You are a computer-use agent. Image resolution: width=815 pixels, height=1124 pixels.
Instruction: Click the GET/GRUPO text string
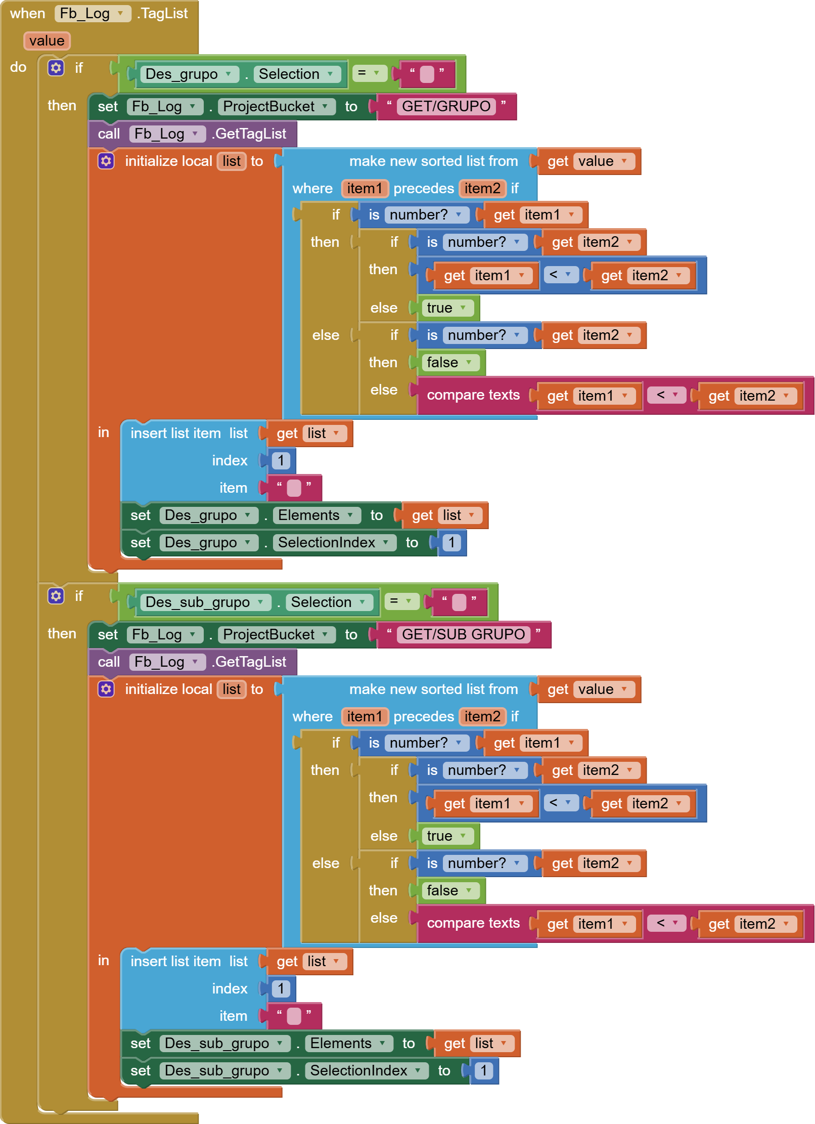point(446,106)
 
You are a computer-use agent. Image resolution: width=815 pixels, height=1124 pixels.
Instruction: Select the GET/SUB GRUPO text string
point(463,634)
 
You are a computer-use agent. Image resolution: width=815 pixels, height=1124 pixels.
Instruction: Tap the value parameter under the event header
point(47,41)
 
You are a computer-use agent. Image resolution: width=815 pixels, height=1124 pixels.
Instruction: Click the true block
point(445,308)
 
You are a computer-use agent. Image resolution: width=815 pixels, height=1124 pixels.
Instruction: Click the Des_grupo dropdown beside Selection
point(188,74)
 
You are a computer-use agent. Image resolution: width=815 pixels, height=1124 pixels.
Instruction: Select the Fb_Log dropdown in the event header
point(91,14)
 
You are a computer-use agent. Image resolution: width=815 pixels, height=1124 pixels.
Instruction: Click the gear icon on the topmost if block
point(56,68)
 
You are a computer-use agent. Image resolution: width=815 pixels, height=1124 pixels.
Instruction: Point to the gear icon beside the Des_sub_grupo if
point(56,596)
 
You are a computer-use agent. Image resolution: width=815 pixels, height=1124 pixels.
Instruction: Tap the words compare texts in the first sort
point(473,395)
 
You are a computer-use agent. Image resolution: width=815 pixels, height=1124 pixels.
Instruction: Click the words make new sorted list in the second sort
point(433,689)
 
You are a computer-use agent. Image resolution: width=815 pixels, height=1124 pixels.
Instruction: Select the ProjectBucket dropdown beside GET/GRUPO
point(276,106)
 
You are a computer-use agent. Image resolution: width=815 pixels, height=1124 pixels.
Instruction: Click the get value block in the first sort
point(588,161)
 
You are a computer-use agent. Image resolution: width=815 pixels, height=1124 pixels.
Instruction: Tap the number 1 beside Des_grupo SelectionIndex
point(451,542)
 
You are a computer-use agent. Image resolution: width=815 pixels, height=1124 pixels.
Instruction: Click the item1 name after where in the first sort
point(364,189)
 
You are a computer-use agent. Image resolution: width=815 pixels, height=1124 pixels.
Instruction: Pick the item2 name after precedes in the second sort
point(482,717)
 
